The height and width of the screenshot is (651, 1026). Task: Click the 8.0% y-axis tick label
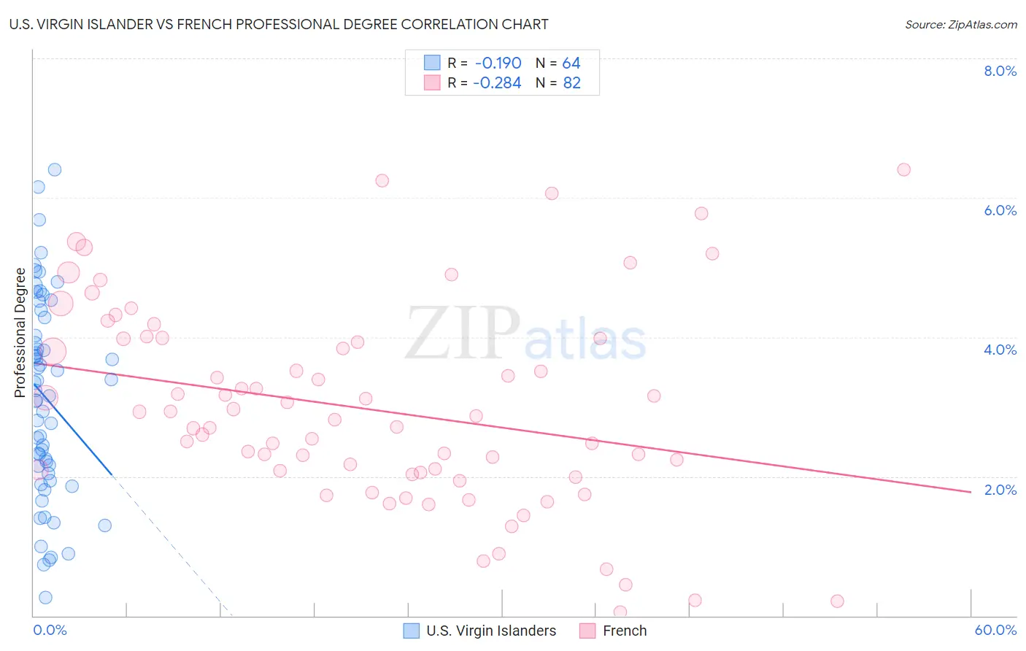(x=1000, y=71)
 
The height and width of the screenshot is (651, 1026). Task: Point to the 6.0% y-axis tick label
(x=1000, y=210)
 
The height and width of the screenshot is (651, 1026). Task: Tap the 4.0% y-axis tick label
(x=1000, y=350)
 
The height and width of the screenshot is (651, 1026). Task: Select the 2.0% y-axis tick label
(x=1000, y=489)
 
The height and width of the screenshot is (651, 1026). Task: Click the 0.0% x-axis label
(x=50, y=630)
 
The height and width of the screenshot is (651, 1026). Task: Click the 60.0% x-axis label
(x=995, y=630)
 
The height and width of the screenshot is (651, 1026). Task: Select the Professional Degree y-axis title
(x=20, y=333)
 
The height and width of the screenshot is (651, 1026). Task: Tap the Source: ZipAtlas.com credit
(x=960, y=25)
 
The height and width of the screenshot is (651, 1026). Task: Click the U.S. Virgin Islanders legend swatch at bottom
(x=412, y=631)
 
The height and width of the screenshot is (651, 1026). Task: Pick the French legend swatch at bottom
(x=587, y=631)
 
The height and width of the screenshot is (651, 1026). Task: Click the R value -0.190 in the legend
(x=498, y=63)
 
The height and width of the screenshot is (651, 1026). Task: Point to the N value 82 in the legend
(x=571, y=83)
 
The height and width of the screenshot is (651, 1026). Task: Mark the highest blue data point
(x=55, y=169)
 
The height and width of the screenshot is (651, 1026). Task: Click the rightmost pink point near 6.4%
(x=903, y=169)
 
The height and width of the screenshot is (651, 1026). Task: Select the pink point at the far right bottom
(x=837, y=601)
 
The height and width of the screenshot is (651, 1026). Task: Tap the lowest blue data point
(x=45, y=597)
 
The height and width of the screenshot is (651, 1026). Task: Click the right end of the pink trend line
(x=971, y=492)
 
